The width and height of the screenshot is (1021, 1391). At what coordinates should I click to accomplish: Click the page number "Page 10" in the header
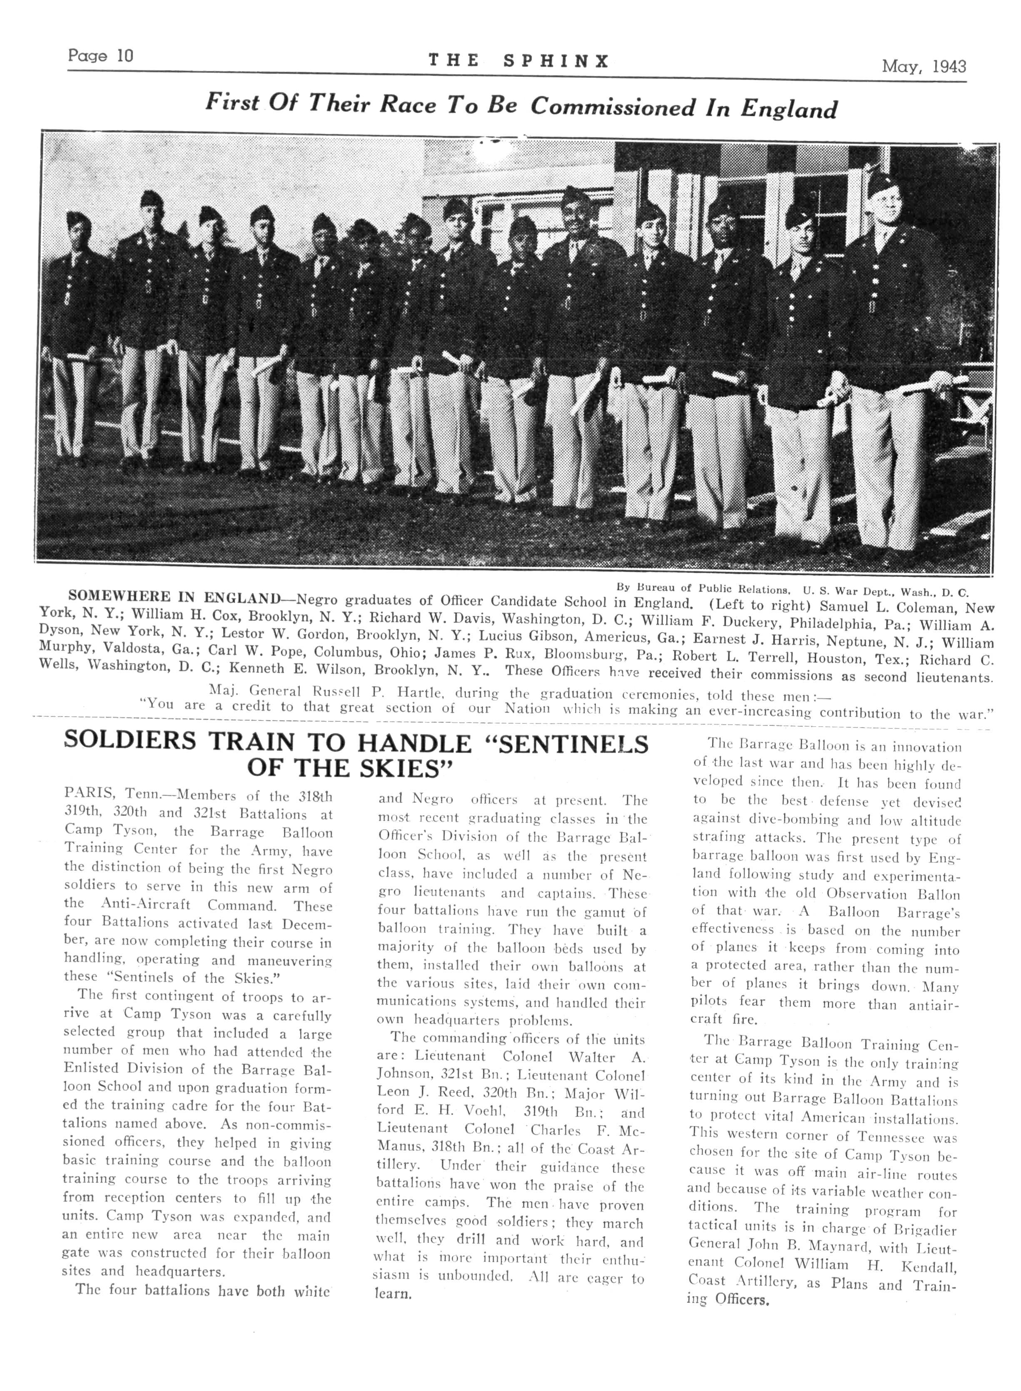[x=100, y=56]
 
